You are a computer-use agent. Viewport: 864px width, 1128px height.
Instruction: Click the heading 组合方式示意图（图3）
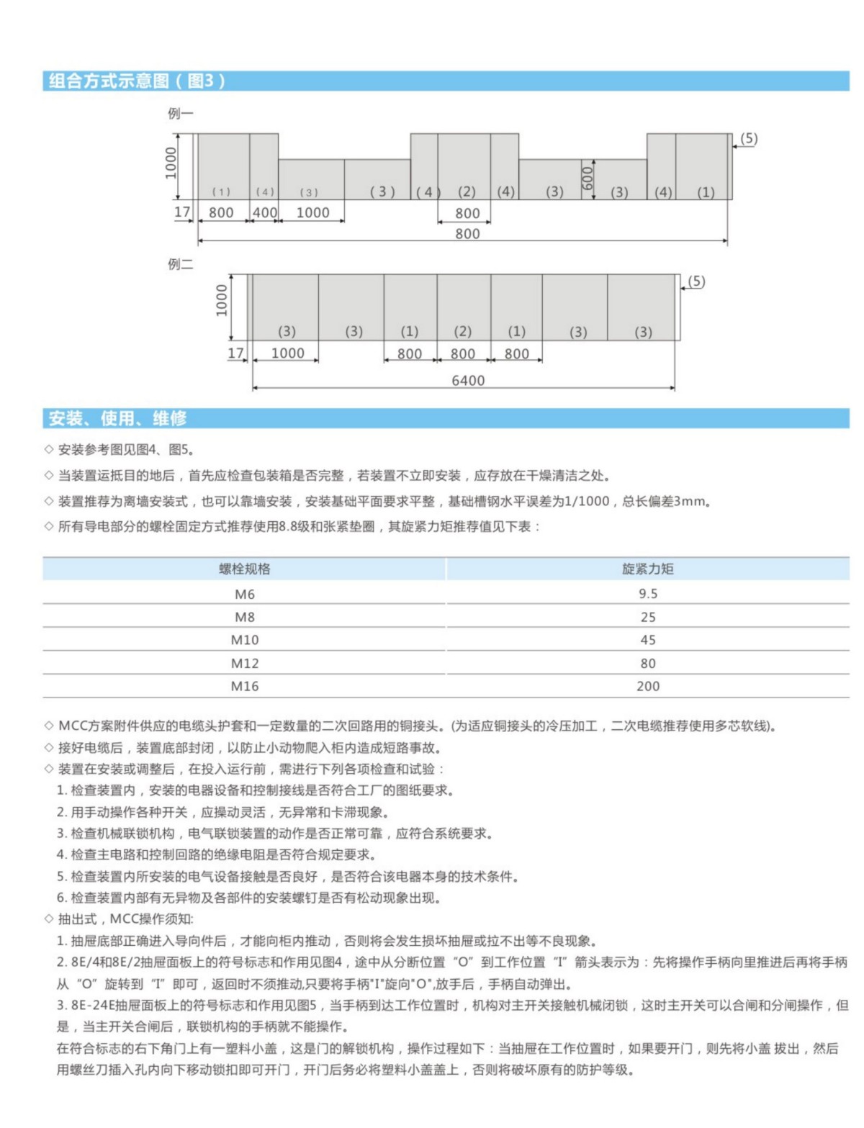(137, 81)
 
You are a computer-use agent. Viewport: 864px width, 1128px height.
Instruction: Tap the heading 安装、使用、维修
(117, 418)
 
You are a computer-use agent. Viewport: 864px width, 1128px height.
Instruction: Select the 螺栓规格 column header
(245, 569)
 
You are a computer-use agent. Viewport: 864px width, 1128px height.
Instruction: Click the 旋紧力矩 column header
(647, 569)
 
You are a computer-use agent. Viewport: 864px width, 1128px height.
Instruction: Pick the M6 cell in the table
(245, 594)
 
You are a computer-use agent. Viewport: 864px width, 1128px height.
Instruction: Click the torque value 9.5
(647, 594)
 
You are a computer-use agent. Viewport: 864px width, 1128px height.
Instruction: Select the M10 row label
(245, 640)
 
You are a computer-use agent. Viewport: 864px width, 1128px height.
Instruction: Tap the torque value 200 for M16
(647, 686)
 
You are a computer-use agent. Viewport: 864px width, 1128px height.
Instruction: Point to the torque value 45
(647, 640)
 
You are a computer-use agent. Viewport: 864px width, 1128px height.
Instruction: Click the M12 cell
(245, 663)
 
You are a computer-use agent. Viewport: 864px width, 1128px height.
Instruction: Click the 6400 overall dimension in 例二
(468, 380)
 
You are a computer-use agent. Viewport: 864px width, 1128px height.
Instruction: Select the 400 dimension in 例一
(264, 212)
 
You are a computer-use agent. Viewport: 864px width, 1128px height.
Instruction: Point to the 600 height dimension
(587, 178)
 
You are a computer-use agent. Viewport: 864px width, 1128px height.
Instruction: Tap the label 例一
(180, 113)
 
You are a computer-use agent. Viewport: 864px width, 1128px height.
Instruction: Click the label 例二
(180, 264)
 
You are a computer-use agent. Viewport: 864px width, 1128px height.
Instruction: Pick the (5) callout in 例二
(696, 281)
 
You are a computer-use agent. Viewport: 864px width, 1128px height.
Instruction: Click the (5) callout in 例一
(749, 138)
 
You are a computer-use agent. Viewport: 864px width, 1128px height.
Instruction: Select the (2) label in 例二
(462, 331)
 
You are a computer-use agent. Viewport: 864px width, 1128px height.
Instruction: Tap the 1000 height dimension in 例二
(221, 300)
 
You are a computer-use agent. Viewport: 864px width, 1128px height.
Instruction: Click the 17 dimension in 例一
(182, 212)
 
